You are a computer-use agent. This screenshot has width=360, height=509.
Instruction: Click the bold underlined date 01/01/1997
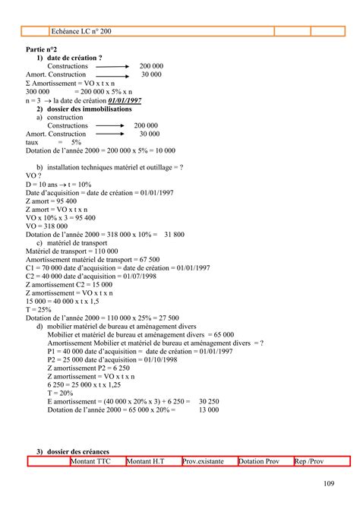click(x=125, y=100)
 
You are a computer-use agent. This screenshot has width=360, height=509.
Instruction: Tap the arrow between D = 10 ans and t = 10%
click(x=67, y=185)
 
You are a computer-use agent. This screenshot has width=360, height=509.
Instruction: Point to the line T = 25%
click(x=39, y=310)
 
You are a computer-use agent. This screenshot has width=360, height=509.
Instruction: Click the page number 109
click(x=330, y=483)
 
